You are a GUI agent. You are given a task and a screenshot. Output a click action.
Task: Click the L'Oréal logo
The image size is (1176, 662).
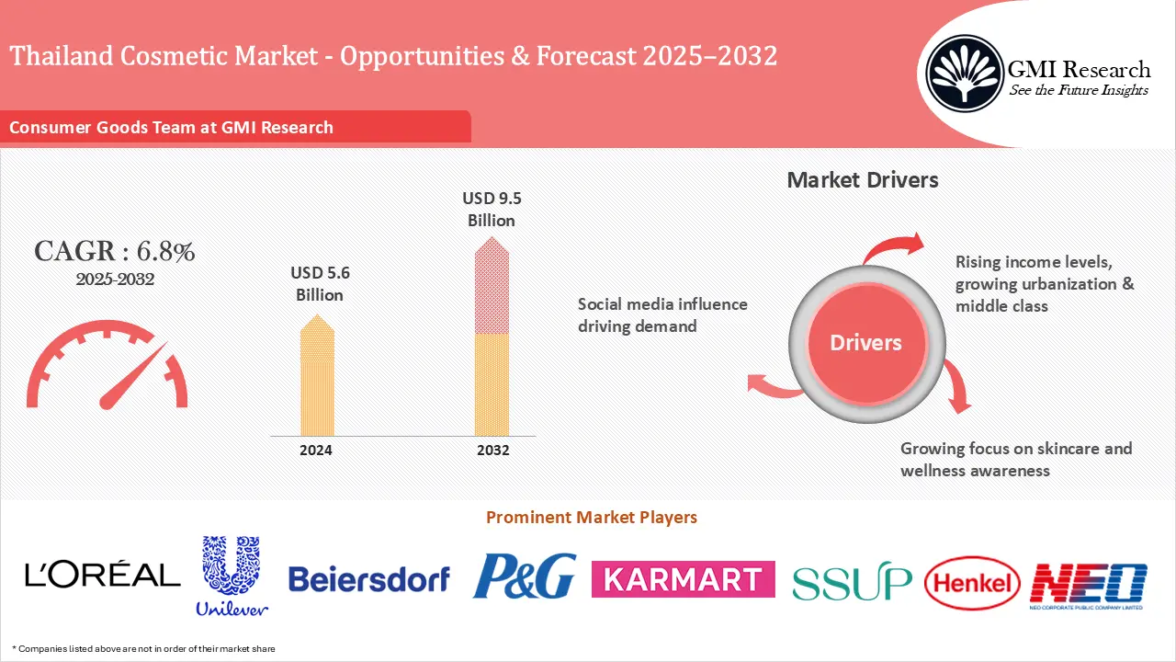pos(103,576)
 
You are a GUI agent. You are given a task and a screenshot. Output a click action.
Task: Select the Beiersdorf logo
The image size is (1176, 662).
pos(368,578)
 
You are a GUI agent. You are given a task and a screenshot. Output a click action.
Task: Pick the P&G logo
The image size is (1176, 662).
pos(525,576)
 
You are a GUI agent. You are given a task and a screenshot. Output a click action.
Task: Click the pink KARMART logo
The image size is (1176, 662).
pos(683,579)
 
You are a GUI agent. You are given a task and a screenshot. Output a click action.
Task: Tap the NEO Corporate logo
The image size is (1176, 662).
pos(1088,585)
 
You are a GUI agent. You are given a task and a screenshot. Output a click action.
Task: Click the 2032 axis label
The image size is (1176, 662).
pos(492,451)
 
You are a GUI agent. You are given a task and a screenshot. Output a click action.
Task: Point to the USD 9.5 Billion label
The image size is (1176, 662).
pos(492,209)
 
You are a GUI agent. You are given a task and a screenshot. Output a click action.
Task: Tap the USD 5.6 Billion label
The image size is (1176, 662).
pos(320,284)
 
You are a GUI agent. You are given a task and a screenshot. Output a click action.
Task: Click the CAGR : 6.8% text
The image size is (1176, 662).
pos(115,252)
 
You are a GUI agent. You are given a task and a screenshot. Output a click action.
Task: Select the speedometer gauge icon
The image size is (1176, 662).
pos(107,373)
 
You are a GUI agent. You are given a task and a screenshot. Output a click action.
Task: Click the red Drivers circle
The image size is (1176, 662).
pos(865,343)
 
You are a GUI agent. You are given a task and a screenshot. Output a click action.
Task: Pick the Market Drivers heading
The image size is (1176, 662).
pos(863,180)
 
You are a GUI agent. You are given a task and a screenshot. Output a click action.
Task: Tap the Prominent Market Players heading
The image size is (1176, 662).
pos(591,518)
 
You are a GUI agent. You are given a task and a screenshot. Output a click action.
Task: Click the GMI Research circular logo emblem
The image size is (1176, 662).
pos(964,73)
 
